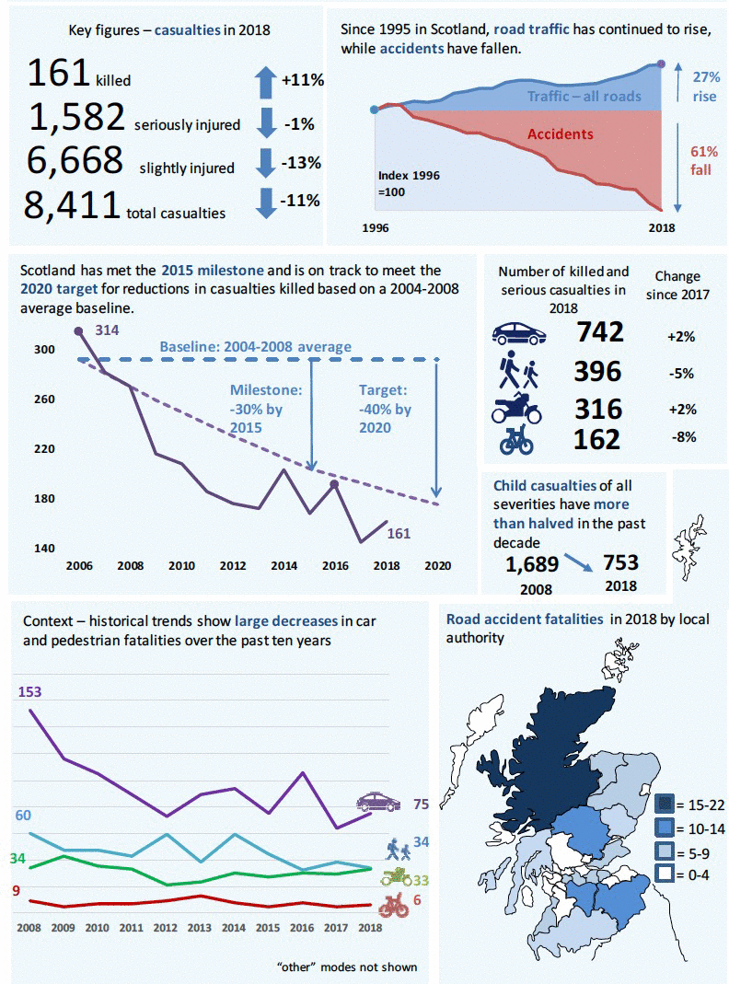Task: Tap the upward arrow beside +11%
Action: pos(265,80)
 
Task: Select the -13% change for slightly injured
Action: pos(301,163)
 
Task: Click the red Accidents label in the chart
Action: pos(560,134)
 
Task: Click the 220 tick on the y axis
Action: pos(44,449)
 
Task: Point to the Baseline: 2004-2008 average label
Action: pos(256,347)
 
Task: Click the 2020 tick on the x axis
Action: pos(437,565)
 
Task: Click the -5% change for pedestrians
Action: pos(680,373)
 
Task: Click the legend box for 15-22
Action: pos(665,805)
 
